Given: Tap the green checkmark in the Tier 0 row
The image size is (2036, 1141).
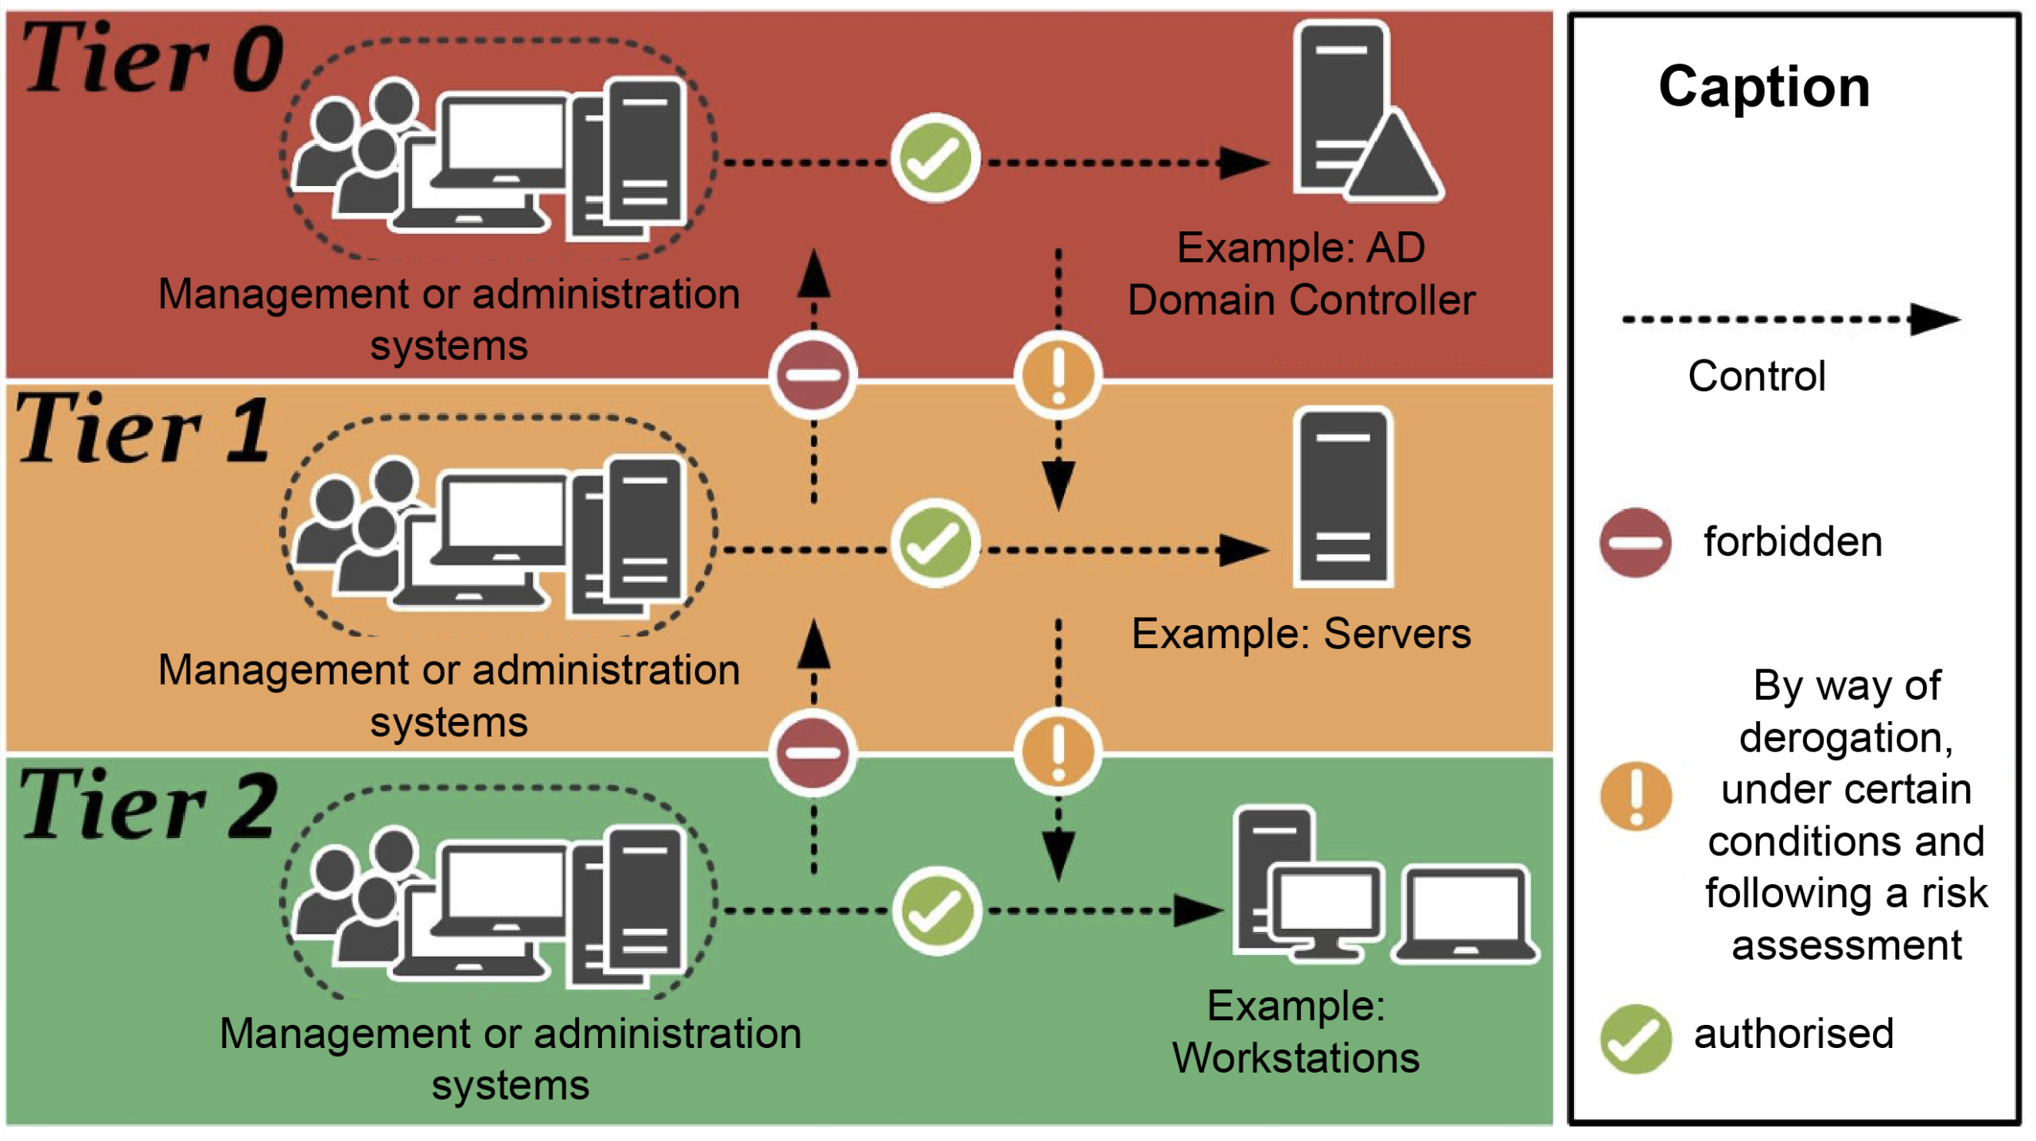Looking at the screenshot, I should [935, 158].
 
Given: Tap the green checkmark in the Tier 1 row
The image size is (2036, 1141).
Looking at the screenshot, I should [935, 544].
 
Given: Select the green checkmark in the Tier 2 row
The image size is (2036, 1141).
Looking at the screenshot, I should [937, 911].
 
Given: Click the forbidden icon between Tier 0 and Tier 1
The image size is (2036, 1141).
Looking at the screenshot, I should [813, 375].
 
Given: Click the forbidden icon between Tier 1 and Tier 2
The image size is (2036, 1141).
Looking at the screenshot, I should [813, 752].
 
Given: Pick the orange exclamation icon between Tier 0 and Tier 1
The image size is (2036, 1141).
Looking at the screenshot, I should [1058, 375].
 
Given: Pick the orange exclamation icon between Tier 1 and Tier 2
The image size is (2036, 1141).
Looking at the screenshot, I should [1058, 751].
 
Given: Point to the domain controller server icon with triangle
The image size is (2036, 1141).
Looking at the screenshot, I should [1364, 111].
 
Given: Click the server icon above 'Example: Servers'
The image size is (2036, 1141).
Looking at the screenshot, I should [1342, 498].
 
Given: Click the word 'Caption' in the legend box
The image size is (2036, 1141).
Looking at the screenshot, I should [1764, 87].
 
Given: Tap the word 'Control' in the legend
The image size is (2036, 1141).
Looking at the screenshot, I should [1756, 376].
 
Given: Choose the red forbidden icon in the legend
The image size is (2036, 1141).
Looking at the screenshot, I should [1635, 543].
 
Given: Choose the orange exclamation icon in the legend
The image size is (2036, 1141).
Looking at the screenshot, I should [1635, 796].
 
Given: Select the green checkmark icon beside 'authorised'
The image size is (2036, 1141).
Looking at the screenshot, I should [1635, 1038].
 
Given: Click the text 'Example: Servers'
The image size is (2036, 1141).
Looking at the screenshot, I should [1301, 635].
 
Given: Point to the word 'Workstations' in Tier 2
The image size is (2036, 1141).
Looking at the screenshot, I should [1296, 1058].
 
